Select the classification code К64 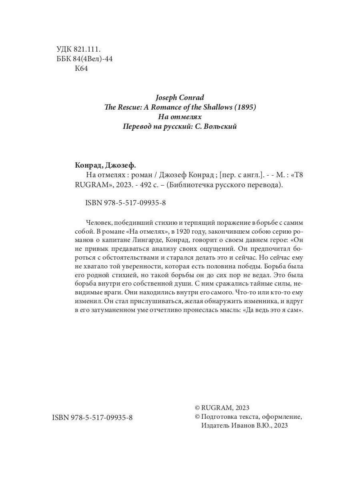pos(81,68)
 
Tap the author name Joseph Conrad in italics pos(179,98)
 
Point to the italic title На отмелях pos(179,117)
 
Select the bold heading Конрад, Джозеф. pos(106,166)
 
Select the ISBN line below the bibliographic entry pos(126,203)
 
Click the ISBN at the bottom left pos(92,417)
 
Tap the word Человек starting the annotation pos(99,222)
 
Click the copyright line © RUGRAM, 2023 pos(222,408)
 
